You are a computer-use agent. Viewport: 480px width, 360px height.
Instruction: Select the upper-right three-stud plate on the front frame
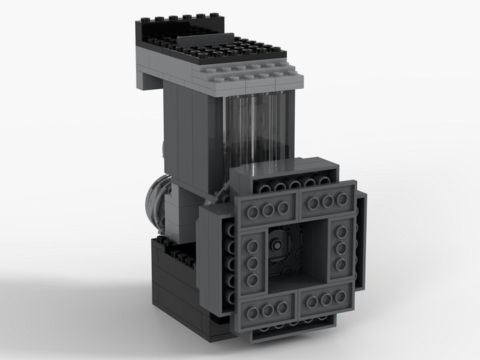[x=327, y=202]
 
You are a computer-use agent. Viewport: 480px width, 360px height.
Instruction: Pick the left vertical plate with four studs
[x=252, y=262]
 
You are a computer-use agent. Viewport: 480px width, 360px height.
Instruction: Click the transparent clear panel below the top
[x=257, y=130]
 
